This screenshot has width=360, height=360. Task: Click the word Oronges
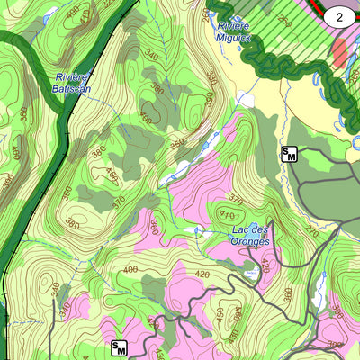click(250, 240)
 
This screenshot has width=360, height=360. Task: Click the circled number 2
click(339, 15)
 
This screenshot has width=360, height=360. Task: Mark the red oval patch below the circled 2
click(339, 53)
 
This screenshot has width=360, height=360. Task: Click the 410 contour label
click(227, 215)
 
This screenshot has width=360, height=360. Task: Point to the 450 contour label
click(219, 313)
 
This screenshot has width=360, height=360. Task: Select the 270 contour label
click(311, 230)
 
